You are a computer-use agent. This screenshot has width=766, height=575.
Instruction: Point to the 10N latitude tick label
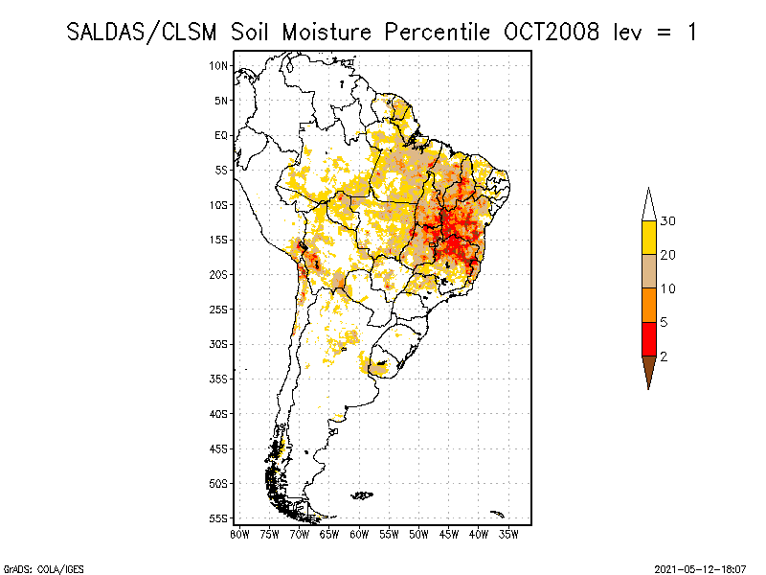pyautogui.click(x=219, y=65)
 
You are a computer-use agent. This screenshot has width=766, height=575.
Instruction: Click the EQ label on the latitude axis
pyautogui.click(x=221, y=135)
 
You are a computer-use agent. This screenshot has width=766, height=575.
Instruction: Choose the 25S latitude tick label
pyautogui.click(x=219, y=309)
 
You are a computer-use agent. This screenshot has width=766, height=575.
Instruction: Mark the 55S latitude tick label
pyautogui.click(x=219, y=517)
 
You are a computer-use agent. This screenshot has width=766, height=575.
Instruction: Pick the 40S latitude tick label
pyautogui.click(x=219, y=413)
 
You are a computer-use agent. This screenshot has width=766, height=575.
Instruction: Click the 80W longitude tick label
pyautogui.click(x=239, y=533)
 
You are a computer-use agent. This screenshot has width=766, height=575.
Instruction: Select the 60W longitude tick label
pyautogui.click(x=359, y=533)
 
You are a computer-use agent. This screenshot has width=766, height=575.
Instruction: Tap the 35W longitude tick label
pyautogui.click(x=508, y=533)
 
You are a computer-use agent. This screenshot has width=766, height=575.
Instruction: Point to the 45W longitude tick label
pyautogui.click(x=448, y=533)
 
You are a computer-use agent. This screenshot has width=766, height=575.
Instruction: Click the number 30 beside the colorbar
pyautogui.click(x=668, y=221)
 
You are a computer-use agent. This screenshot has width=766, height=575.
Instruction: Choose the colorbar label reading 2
pyautogui.click(x=664, y=356)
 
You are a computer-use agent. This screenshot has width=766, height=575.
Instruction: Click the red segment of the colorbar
pyautogui.click(x=648, y=339)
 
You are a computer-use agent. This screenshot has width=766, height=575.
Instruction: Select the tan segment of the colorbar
pyautogui.click(x=648, y=271)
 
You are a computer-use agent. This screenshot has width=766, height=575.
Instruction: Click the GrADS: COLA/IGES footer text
pyautogui.click(x=32, y=568)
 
